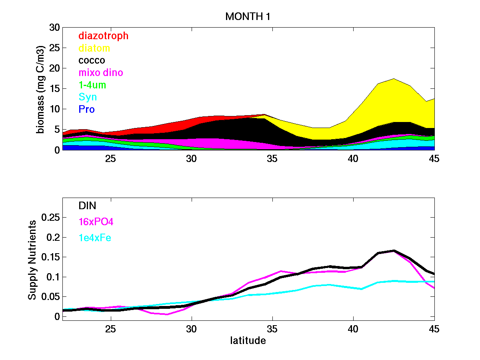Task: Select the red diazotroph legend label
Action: pos(104,36)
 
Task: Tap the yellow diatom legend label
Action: pos(94,48)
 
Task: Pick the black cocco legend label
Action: pos(92,60)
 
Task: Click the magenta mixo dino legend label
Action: pos(101,73)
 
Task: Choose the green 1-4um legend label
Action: pos(92,85)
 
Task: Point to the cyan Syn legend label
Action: pos(88,97)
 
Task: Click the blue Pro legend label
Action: pos(86,109)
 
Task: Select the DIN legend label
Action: pos(87,206)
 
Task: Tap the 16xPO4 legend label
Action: pos(93,222)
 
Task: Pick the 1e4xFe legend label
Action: pos(95,238)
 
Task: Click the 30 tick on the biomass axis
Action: pos(54,28)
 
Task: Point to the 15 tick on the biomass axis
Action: pos(54,89)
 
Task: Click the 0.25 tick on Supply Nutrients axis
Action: pos(51,218)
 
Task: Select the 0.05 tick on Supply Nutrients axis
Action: pos(51,297)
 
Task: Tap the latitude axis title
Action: pos(248,341)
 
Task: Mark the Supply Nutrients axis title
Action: pos(32,259)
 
